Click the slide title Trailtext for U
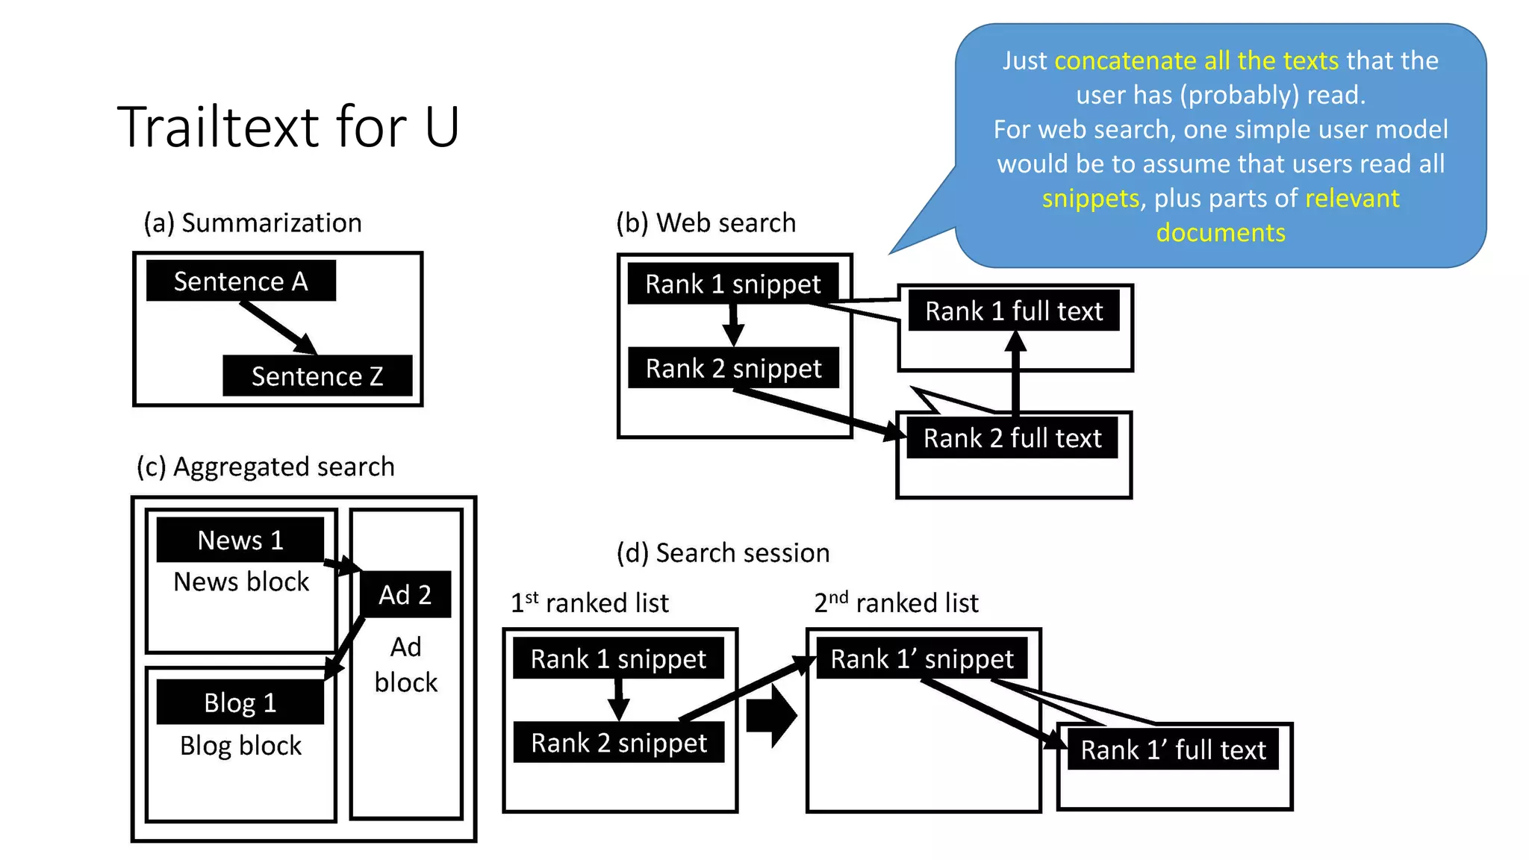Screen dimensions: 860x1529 click(287, 127)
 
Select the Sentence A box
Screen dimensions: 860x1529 click(240, 281)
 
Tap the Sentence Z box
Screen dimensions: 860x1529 click(317, 376)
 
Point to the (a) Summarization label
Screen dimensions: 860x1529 click(252, 222)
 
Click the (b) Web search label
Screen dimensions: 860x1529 click(706, 222)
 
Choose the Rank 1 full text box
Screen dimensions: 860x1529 click(1013, 311)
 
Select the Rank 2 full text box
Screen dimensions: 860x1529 click(1012, 437)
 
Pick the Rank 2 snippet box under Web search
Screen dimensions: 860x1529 click(733, 368)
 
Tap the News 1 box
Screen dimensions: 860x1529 click(240, 540)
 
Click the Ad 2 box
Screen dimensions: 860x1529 click(405, 595)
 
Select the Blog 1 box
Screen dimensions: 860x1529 click(240, 702)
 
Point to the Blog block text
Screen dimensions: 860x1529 click(240, 746)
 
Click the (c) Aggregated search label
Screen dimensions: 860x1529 click(265, 467)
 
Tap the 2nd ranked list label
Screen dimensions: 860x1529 click(896, 602)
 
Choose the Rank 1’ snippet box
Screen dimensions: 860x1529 click(921, 658)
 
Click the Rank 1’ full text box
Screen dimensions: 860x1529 click(1173, 750)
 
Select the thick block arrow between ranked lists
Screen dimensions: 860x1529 click(770, 715)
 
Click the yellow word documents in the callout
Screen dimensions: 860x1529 click(1221, 233)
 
